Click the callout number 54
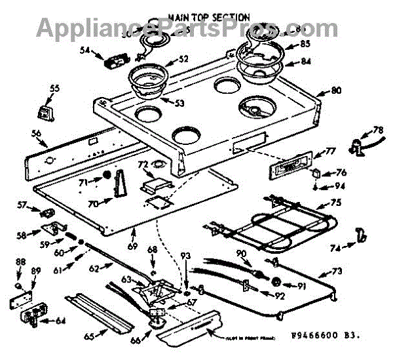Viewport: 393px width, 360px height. click(85, 49)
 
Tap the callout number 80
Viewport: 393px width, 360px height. click(336, 91)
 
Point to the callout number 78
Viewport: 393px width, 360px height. click(378, 129)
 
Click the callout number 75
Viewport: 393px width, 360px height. click(335, 203)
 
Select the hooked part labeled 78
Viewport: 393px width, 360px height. click(360, 146)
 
